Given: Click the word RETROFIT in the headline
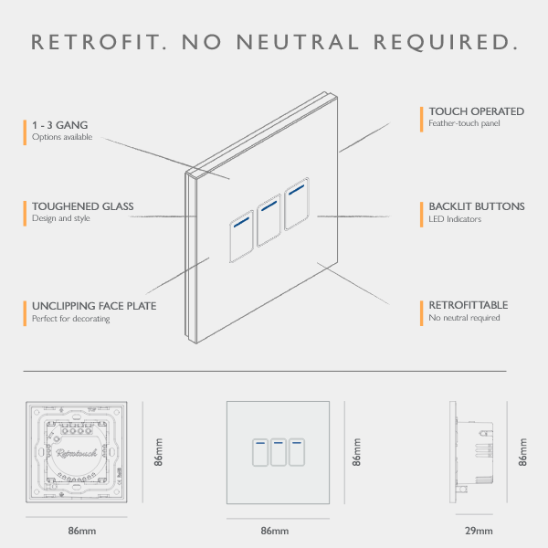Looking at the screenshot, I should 97,42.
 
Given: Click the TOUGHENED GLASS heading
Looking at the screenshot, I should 83,206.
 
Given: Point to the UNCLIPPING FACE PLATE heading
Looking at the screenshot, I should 94,306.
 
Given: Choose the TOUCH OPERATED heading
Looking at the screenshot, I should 476,111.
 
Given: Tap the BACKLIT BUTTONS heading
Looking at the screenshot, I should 476,206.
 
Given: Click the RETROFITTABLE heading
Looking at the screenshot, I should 468,305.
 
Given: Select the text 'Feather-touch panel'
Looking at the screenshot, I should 464,123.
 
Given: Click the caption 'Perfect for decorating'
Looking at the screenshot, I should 70,319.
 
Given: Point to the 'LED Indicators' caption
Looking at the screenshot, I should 454,219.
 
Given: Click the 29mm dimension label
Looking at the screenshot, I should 478,532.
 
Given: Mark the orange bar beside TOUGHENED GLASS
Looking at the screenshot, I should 26,213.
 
